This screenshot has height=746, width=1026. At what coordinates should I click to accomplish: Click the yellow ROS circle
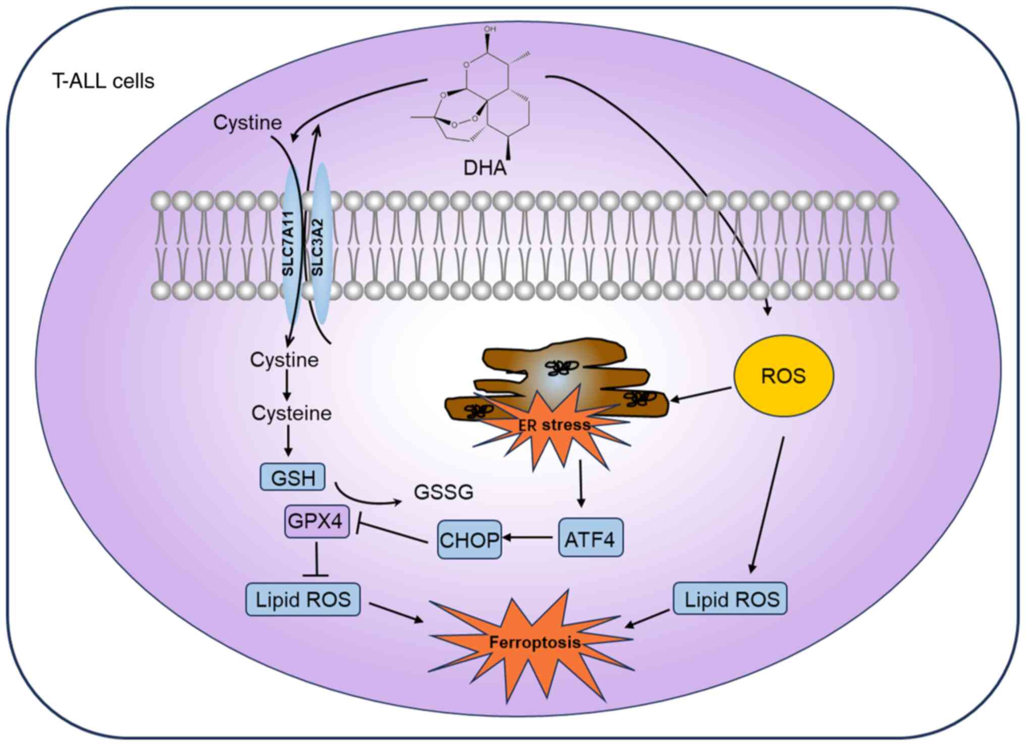[783, 376]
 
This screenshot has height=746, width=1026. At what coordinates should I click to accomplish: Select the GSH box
[293, 477]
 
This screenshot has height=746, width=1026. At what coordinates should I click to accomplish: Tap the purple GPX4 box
[317, 521]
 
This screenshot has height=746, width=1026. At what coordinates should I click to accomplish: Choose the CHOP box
[469, 539]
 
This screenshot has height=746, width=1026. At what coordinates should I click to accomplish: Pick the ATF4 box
[590, 538]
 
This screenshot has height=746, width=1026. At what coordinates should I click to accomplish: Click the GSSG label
[443, 492]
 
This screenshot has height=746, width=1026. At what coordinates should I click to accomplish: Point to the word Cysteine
[291, 413]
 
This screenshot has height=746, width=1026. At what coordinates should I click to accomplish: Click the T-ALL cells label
[103, 81]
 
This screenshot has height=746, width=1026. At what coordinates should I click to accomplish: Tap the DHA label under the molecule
[485, 168]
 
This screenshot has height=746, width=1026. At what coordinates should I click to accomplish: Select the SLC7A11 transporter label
[288, 243]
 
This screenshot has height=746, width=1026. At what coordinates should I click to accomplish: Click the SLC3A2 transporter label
[318, 247]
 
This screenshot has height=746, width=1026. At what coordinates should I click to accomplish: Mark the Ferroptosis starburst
[534, 643]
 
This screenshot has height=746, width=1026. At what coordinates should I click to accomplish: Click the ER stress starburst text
[554, 425]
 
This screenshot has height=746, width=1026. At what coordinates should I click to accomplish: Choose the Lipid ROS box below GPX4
[303, 600]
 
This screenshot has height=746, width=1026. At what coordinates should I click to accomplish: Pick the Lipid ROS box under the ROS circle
[731, 600]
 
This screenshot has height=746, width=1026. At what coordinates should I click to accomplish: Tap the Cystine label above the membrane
[247, 123]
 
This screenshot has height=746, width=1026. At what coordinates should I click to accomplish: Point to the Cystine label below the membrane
[284, 360]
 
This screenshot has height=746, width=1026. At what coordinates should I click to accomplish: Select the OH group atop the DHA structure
[489, 30]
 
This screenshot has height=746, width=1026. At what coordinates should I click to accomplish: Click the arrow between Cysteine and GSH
[288, 440]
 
